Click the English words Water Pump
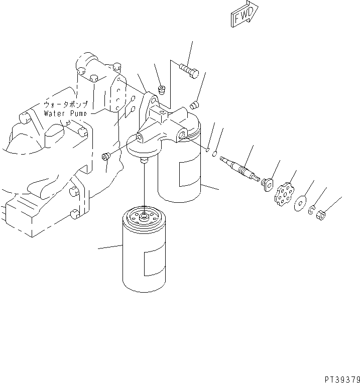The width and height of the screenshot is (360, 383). click(65, 113)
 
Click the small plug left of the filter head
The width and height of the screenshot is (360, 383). click(106, 157)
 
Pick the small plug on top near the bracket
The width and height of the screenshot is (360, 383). click(162, 90)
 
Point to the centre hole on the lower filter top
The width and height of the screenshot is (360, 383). click(145, 216)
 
